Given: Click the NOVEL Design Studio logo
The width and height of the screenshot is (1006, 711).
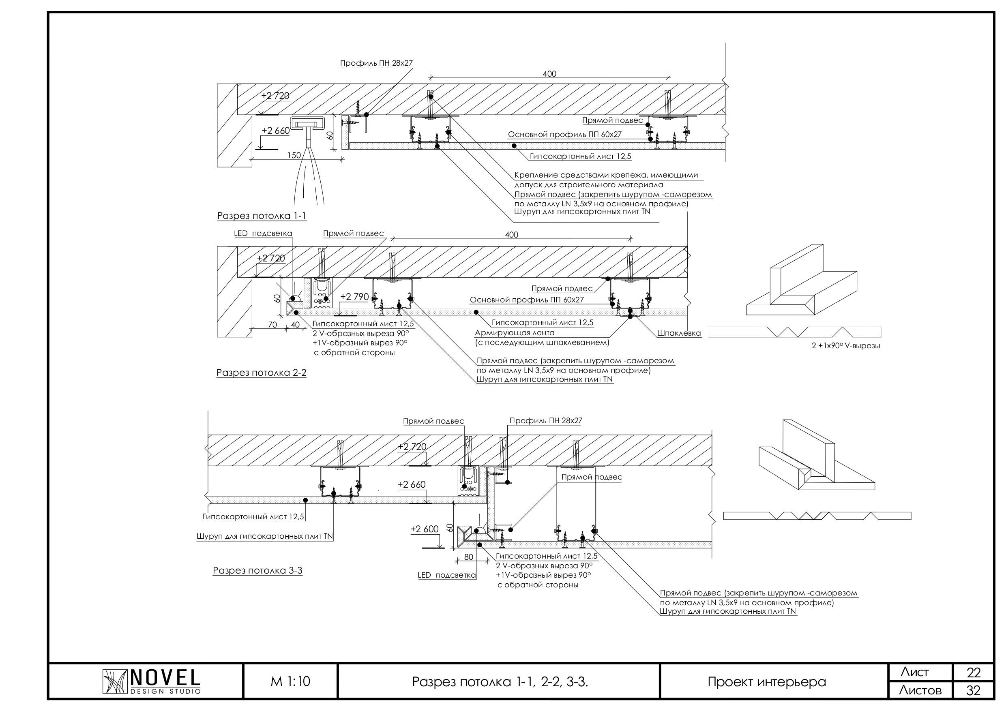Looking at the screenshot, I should point(151,681).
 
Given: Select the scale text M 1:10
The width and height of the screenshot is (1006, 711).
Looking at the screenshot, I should point(290,681).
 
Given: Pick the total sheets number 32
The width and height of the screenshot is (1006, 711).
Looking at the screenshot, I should point(973,691).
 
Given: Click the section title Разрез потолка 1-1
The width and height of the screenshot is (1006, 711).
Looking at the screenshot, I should point(262,216).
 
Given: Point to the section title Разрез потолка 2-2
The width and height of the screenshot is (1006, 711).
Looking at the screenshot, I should point(262,373).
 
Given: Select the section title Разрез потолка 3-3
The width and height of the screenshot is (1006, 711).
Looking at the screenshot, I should point(257,570).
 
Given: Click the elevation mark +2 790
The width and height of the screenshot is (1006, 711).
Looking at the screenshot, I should point(354,297).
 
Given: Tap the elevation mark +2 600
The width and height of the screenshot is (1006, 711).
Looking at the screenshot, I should point(424,529).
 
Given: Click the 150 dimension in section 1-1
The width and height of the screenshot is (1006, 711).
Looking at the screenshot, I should point(294,155).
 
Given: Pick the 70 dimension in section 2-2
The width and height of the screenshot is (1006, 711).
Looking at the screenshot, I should point(272,325).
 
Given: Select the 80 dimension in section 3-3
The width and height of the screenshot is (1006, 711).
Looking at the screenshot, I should point(468,557).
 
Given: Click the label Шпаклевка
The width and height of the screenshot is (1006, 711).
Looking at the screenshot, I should point(679,333).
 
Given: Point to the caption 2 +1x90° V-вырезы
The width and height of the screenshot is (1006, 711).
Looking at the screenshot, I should point(846,346).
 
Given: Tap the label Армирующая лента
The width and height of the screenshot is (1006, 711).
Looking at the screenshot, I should point(515,333).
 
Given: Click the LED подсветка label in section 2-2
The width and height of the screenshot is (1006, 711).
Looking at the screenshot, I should point(263,233).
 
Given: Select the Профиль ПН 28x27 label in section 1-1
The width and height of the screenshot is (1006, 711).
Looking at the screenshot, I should point(376,63).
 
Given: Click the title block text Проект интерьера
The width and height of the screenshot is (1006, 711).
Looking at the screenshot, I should point(767,682).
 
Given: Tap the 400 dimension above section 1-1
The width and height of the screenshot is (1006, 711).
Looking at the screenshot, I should point(549,74).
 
